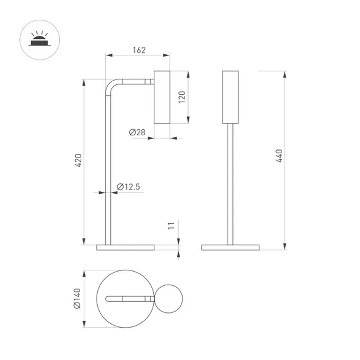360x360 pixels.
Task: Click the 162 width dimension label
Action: click(x=139, y=50)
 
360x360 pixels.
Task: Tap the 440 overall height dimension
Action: click(x=279, y=156)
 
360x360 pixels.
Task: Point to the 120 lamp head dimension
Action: click(x=182, y=96)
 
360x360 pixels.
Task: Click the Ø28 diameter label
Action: click(x=137, y=132)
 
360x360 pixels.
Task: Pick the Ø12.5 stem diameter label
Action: click(x=129, y=186)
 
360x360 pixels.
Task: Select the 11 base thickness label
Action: click(x=172, y=226)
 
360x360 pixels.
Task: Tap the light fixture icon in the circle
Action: click(x=40, y=39)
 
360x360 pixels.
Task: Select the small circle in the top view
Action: click(x=169, y=298)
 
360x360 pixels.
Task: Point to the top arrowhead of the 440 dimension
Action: click(x=285, y=74)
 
